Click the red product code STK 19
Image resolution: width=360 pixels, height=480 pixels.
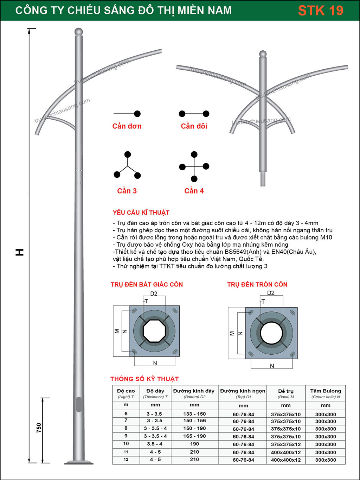[320, 11]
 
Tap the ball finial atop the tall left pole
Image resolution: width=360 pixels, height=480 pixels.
[79, 32]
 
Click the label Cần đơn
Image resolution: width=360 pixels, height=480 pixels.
[127, 126]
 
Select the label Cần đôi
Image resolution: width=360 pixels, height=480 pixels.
[194, 126]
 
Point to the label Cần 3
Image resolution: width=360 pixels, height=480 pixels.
[127, 191]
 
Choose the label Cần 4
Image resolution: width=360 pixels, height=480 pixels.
[194, 191]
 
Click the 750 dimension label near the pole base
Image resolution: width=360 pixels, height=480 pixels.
[39, 428]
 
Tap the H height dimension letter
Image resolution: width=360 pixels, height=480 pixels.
[20, 252]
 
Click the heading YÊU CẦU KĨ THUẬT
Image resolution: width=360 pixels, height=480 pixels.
[141, 213]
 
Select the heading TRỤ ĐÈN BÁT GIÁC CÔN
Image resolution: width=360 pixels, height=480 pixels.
[147, 284]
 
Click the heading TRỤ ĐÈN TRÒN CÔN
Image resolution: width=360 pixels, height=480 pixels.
[257, 284]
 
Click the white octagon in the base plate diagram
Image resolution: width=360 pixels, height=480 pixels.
[154, 331]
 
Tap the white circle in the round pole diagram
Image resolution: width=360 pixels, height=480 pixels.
[271, 333]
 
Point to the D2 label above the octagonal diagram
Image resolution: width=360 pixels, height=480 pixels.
[154, 293]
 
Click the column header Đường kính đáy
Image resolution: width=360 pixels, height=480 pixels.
[194, 391]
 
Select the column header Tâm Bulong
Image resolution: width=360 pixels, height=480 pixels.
[326, 391]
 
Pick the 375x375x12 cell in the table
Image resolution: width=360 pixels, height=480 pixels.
[286, 444]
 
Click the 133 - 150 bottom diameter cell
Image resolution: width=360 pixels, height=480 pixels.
[194, 414]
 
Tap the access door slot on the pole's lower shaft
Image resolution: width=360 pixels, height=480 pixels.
[79, 404]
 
